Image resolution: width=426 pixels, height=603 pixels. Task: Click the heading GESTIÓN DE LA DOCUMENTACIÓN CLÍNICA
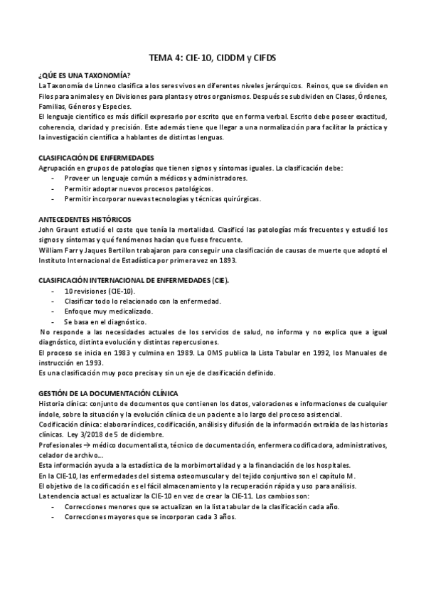point(107,393)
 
